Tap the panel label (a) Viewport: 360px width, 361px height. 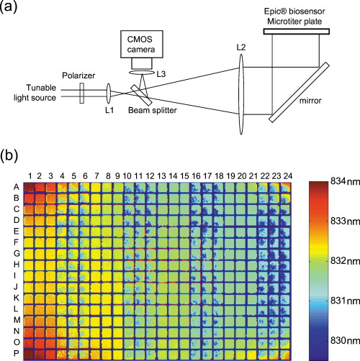point(11,8)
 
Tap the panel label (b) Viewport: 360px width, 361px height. point(11,155)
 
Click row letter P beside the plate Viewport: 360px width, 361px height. point(16,355)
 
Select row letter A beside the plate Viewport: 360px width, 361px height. point(16,186)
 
